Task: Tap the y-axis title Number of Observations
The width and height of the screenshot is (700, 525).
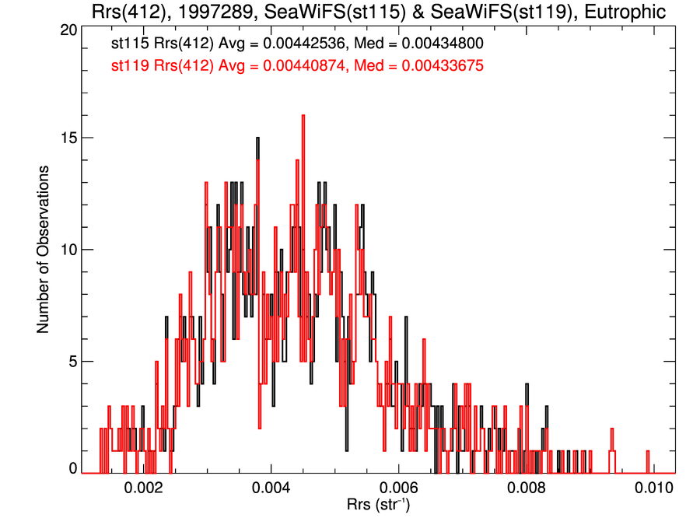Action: point(44,250)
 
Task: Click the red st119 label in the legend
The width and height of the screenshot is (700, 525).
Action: point(128,68)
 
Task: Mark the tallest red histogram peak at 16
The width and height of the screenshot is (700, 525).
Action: point(303,117)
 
